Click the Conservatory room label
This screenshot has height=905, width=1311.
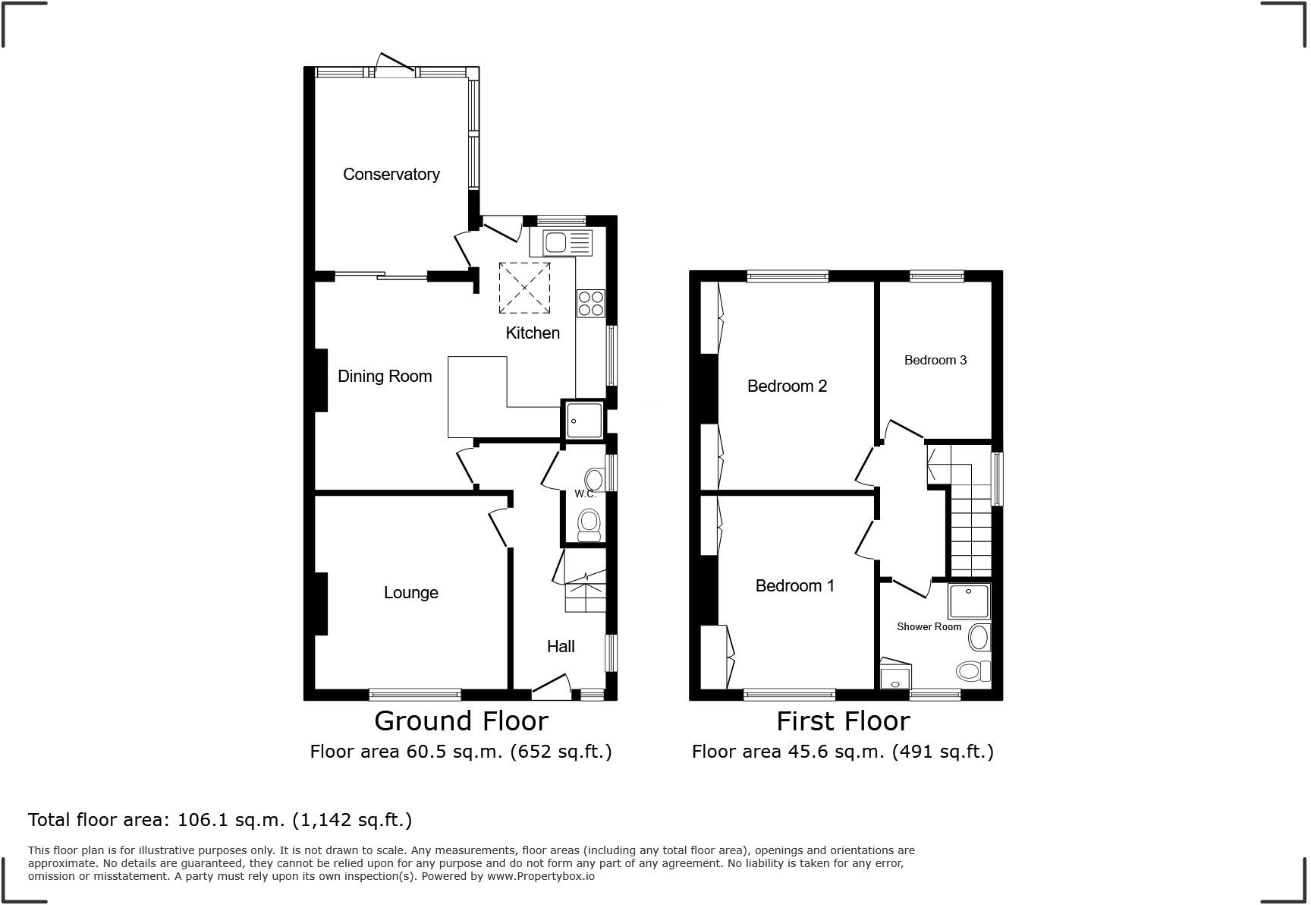point(391,175)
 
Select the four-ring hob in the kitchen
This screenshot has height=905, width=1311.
point(591,304)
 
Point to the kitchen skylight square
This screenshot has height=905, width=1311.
point(524,288)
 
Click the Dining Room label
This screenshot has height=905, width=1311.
point(385,377)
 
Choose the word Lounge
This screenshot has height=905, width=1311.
point(410,593)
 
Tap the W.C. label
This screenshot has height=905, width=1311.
point(585,494)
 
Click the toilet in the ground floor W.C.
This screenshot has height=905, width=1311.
point(589,525)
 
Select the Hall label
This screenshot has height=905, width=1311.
point(561,647)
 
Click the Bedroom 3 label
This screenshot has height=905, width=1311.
point(935,361)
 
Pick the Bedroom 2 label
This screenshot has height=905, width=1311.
point(787,386)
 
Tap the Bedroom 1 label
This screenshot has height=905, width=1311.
point(794,586)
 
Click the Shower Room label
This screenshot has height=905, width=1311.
point(929,627)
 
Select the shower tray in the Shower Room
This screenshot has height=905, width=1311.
point(969,601)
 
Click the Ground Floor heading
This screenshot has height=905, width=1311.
point(461,721)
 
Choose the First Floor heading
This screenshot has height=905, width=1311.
point(842,721)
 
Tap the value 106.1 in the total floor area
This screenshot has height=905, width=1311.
point(199,820)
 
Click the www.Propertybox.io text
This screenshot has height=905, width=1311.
point(541,876)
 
